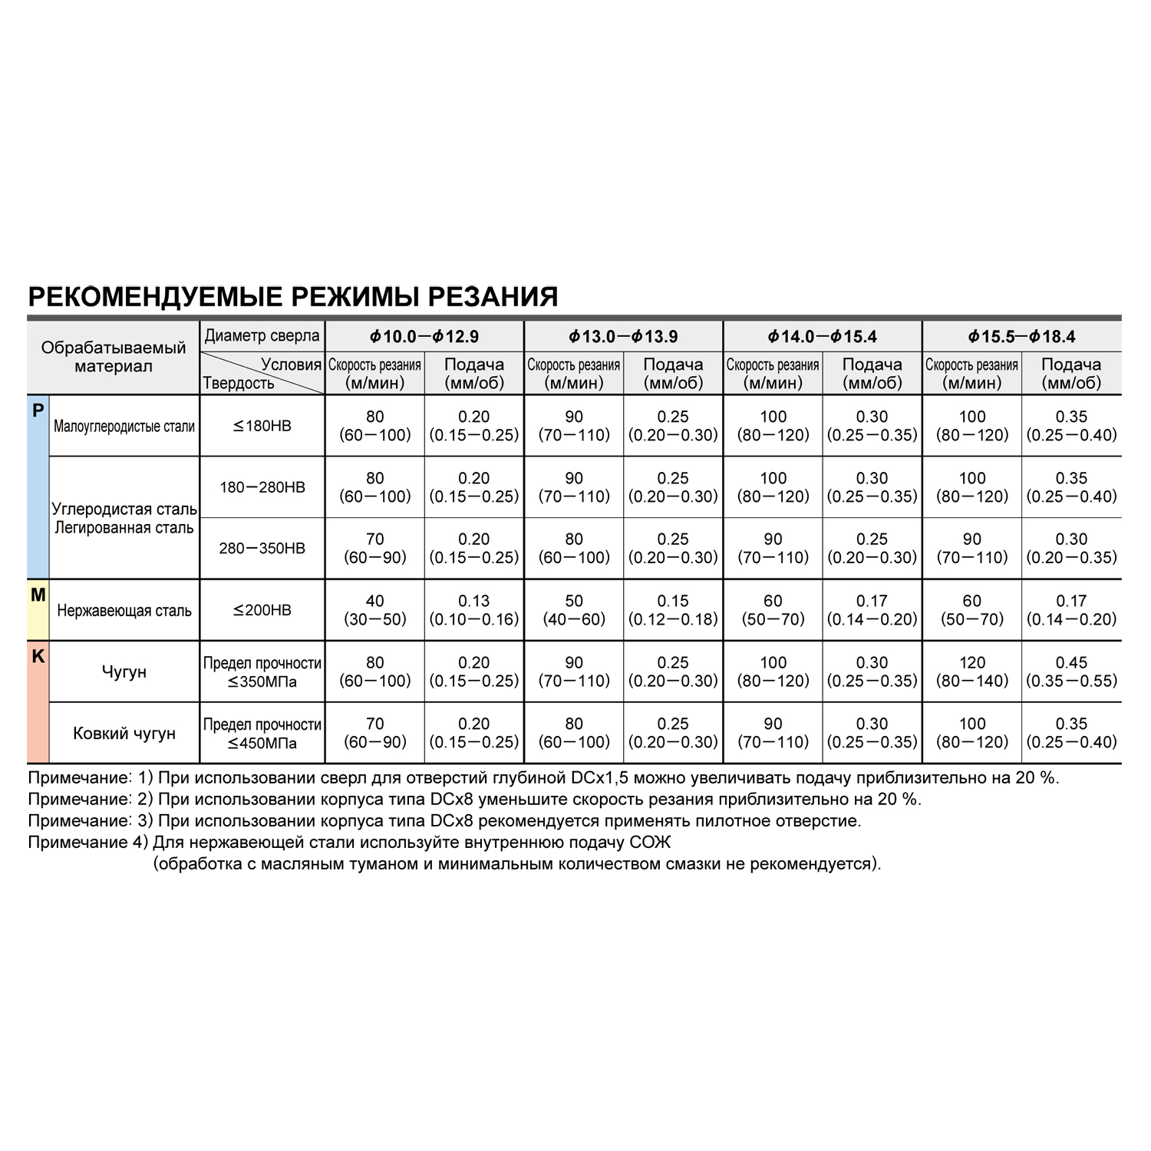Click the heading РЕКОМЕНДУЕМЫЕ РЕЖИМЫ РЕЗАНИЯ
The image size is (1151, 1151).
tap(292, 296)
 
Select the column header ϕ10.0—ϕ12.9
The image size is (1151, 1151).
tap(424, 336)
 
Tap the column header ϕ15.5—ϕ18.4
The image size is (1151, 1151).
tap(1021, 336)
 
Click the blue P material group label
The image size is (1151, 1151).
tap(38, 411)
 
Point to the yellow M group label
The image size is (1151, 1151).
tap(38, 595)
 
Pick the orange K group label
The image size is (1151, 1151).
tap(38, 658)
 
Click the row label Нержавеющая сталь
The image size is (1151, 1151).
tap(124, 611)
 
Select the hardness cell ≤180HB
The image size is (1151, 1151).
tap(262, 426)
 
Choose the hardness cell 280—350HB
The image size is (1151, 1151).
tap(262, 549)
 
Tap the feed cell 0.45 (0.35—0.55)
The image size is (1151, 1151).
tap(1071, 671)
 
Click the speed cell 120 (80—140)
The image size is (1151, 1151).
tap(972, 671)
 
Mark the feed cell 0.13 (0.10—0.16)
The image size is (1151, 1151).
tap(474, 610)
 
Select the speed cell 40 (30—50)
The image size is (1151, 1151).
tap(374, 610)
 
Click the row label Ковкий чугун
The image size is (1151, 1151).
tap(124, 734)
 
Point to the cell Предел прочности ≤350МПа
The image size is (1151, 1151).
tap(262, 672)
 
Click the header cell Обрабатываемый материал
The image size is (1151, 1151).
tap(114, 357)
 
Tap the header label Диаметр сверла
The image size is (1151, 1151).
tap(262, 336)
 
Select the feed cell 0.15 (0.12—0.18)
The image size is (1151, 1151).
tap(673, 610)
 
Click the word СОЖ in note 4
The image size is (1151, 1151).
tap(650, 843)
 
